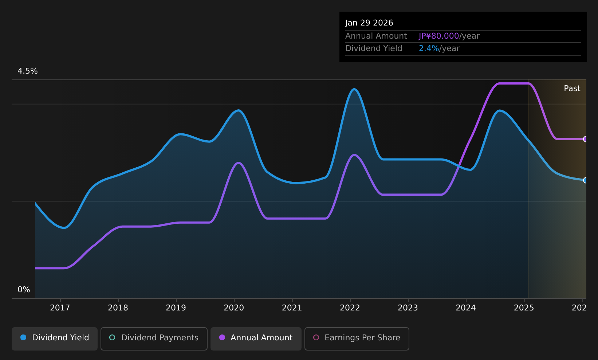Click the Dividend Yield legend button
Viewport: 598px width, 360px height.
tap(55, 339)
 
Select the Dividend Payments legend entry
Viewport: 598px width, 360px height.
tap(154, 339)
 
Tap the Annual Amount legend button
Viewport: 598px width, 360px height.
tap(256, 339)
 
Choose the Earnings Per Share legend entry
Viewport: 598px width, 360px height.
tap(357, 339)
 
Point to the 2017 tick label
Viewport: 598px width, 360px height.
tap(60, 308)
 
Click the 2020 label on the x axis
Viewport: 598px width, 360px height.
tap(234, 308)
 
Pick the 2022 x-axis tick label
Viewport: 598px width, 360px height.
tap(350, 308)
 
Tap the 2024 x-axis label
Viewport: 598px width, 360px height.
tap(466, 308)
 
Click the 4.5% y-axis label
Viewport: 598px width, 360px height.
tap(28, 71)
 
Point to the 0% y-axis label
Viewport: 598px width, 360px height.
tap(24, 290)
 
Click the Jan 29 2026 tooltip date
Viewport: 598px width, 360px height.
tap(369, 23)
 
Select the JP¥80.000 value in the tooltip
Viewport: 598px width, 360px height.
tap(438, 36)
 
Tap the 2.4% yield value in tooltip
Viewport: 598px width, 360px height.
tap(429, 48)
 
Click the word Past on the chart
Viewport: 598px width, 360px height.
tap(572, 89)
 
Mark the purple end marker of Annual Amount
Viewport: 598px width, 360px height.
tap(586, 139)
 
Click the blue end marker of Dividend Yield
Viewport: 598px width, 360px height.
tap(586, 180)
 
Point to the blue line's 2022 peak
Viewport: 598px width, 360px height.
tap(354, 89)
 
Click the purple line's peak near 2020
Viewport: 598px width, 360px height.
tap(238, 163)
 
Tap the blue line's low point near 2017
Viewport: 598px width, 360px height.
tap(64, 228)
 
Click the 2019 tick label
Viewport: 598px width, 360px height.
tap(176, 308)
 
